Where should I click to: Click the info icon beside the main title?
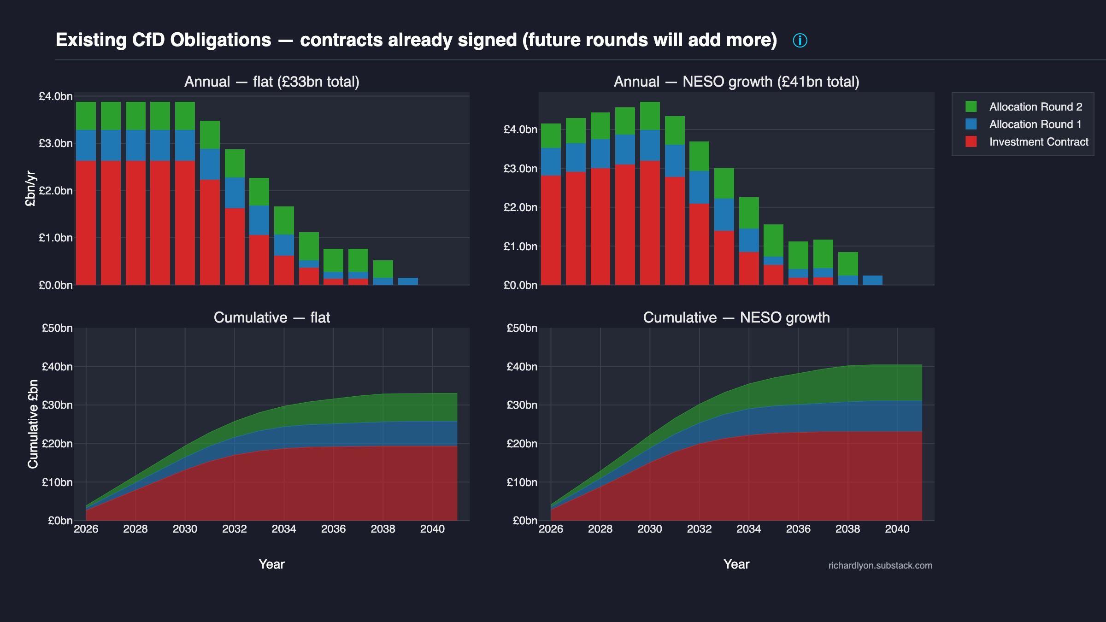(x=800, y=41)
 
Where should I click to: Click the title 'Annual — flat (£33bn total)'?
(x=272, y=82)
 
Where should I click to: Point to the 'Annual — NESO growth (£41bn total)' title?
(x=736, y=82)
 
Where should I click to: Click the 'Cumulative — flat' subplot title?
(x=272, y=317)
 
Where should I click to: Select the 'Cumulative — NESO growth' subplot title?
(x=736, y=317)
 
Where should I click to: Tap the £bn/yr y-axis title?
(x=30, y=189)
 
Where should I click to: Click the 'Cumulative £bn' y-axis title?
(x=33, y=424)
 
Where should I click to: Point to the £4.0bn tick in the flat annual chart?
(x=56, y=96)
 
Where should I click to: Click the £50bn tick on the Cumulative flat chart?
(x=57, y=328)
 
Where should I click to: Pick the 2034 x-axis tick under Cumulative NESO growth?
(x=749, y=529)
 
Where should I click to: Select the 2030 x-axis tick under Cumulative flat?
(x=185, y=529)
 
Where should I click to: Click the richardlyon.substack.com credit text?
(x=880, y=565)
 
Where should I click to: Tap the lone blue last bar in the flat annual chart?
(x=408, y=282)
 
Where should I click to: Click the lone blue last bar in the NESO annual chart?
(x=872, y=280)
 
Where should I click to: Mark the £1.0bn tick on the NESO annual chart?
(x=520, y=246)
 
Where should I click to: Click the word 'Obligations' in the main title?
(x=221, y=40)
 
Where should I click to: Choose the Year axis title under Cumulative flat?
(x=271, y=564)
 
